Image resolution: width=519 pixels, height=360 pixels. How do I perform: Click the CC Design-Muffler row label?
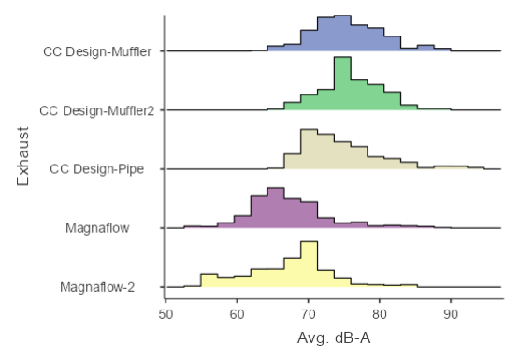[98, 51]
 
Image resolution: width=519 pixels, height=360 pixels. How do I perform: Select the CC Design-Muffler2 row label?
[96, 110]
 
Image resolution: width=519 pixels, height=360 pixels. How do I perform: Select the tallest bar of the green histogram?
[342, 84]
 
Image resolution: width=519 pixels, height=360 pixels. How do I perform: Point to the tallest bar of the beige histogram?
[309, 150]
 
